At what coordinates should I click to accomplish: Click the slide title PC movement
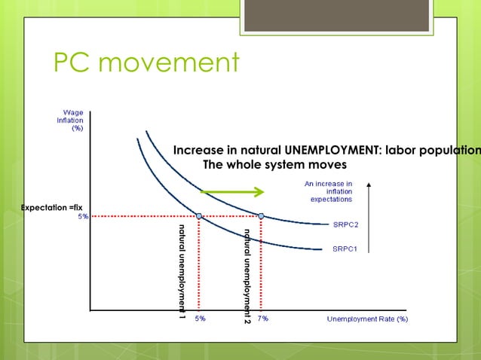pyautogui.click(x=146, y=63)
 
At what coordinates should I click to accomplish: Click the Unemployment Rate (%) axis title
pyautogui.click(x=367, y=319)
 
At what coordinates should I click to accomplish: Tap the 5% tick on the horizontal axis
pyautogui.click(x=201, y=319)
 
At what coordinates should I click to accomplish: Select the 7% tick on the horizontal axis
pyautogui.click(x=262, y=319)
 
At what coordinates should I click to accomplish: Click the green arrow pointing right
pyautogui.click(x=231, y=191)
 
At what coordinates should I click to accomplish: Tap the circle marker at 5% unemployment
pyautogui.click(x=199, y=216)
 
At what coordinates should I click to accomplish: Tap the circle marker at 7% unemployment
pyautogui.click(x=261, y=216)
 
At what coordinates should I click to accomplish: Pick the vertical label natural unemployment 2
pyautogui.click(x=246, y=275)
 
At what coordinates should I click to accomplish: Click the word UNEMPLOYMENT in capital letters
pyautogui.click(x=332, y=151)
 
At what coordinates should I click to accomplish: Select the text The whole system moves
pyautogui.click(x=275, y=165)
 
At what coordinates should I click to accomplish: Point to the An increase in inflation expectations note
pyautogui.click(x=328, y=191)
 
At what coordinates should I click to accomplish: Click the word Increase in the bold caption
pyautogui.click(x=198, y=151)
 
